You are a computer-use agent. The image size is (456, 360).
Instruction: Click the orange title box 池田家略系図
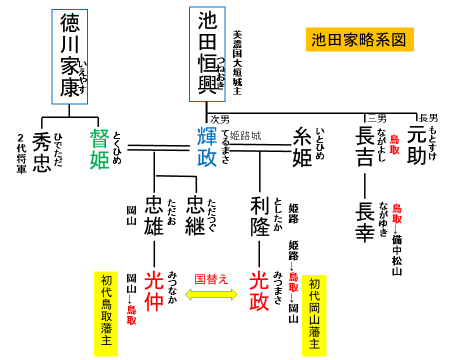pyautogui.click(x=358, y=41)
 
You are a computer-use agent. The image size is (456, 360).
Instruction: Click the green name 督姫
pyautogui.click(x=101, y=151)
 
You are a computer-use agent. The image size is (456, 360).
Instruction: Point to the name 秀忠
pyautogui.click(x=41, y=151)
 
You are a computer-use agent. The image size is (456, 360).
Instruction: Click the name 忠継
pyautogui.click(x=194, y=219)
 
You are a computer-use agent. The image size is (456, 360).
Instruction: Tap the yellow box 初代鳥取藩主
pyautogui.click(x=104, y=301)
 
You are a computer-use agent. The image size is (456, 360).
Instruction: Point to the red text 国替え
pyautogui.click(x=211, y=273)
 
